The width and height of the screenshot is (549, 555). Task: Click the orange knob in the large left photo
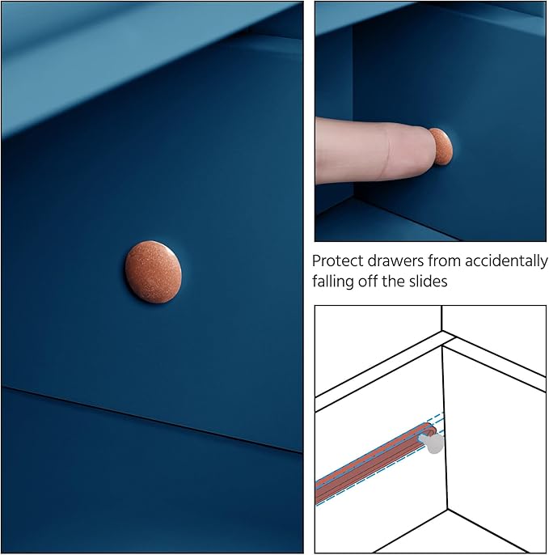(x=153, y=272)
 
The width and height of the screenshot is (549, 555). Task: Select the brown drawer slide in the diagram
(x=375, y=464)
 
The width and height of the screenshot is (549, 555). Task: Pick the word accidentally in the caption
(x=506, y=262)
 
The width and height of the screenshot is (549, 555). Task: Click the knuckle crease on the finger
(x=388, y=152)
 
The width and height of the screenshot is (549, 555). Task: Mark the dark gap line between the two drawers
(x=151, y=420)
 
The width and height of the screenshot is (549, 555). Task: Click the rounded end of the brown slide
(x=430, y=429)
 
